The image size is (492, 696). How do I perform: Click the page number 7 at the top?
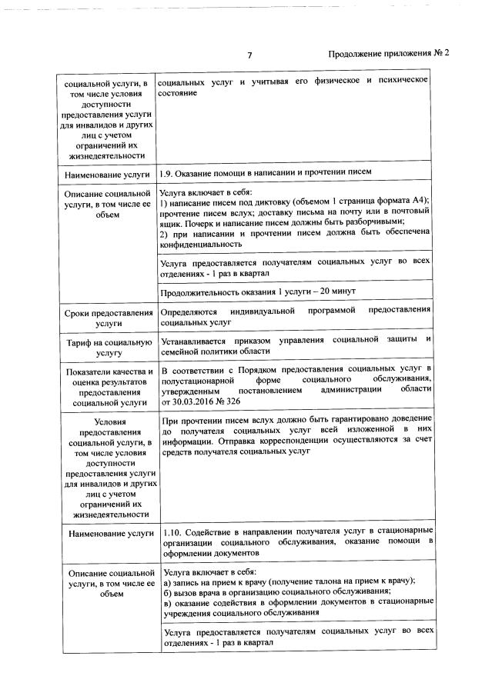coord(249,55)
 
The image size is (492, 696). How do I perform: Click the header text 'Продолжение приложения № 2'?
coord(388,54)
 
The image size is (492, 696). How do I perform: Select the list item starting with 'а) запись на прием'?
coord(290,581)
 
